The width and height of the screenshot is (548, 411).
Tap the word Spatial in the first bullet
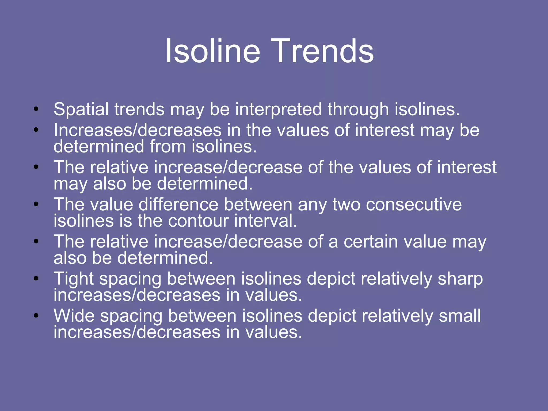pyautogui.click(x=82, y=110)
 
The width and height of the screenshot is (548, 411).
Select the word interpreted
pyautogui.click(x=278, y=110)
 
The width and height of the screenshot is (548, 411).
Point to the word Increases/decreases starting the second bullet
pyautogui.click(x=138, y=130)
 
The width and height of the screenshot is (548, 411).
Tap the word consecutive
pyautogui.click(x=414, y=205)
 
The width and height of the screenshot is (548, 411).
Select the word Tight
pyautogui.click(x=74, y=279)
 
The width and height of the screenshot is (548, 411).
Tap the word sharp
pyautogui.click(x=460, y=279)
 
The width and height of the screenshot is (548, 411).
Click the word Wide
pyautogui.click(x=74, y=316)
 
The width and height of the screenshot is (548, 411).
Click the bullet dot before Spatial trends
pyautogui.click(x=36, y=109)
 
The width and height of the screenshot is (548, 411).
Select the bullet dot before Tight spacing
pyautogui.click(x=36, y=278)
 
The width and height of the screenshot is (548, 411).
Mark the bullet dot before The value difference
pyautogui.click(x=36, y=204)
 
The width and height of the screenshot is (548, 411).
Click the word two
pyautogui.click(x=347, y=205)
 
